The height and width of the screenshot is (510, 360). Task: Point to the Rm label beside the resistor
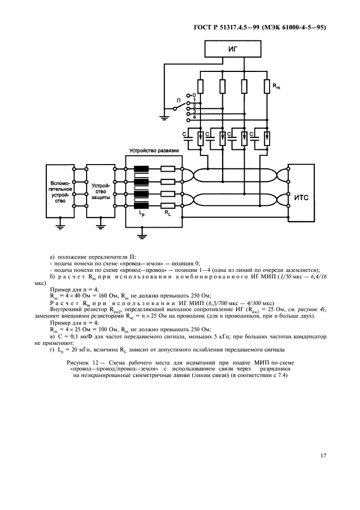click(277, 86)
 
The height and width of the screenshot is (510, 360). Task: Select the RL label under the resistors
click(168, 214)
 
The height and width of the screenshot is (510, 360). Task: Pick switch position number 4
click(194, 117)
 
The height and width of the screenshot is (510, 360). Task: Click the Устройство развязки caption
click(153, 150)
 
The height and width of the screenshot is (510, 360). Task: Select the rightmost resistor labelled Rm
click(267, 86)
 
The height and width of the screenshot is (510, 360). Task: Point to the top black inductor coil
click(142, 169)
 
